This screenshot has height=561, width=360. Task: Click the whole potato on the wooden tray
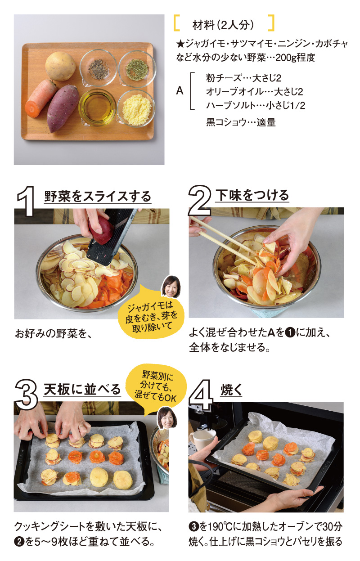(60, 66)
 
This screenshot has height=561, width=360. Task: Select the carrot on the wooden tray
(41, 99)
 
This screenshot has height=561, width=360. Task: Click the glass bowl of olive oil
(97, 107)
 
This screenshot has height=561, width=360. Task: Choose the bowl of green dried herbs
(137, 68)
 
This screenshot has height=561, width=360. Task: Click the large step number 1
(26, 201)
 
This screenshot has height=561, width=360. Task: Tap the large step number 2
(200, 201)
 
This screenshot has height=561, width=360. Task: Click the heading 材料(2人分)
(223, 25)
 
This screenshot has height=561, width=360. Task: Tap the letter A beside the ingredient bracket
(180, 91)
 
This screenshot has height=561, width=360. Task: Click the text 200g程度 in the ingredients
(295, 58)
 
